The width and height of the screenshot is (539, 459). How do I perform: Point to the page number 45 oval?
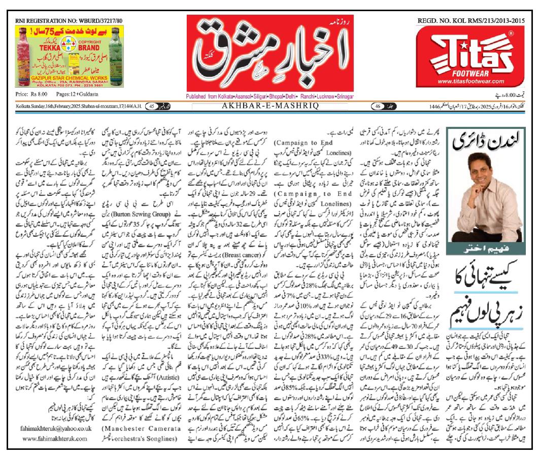(x=151, y=105)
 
